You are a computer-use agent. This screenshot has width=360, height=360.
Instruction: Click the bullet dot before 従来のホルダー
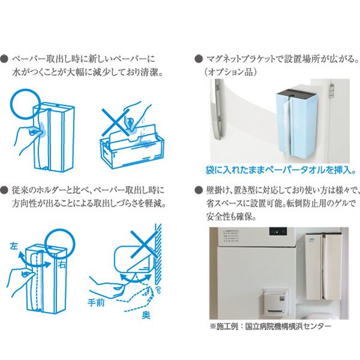coord(6,190)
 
